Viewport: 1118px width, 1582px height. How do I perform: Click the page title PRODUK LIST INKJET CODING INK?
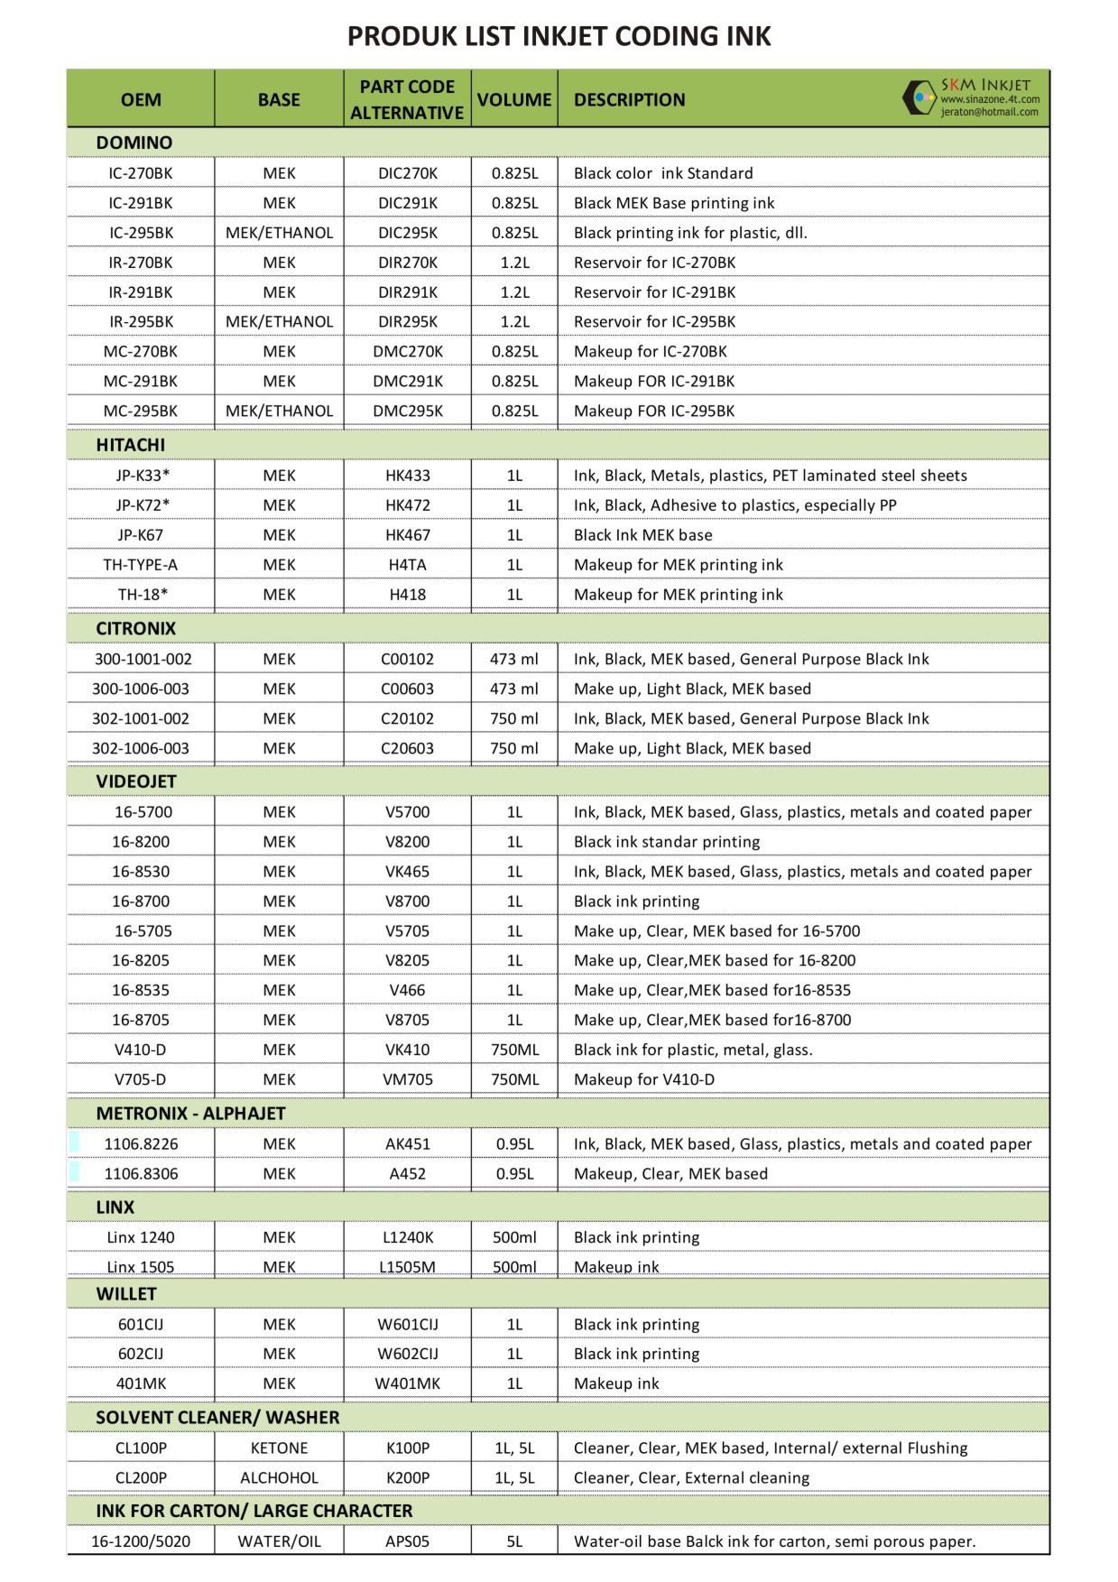point(559,36)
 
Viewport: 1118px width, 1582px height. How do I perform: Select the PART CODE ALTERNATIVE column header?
point(407,99)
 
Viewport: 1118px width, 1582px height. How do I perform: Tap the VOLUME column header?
point(514,99)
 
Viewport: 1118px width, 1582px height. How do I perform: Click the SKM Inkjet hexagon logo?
point(919,97)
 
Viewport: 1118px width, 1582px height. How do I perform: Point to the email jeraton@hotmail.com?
point(989,113)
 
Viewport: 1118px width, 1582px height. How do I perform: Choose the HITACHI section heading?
point(131,445)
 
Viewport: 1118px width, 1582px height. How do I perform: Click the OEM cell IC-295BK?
point(141,233)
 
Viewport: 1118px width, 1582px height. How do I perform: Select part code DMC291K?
point(408,381)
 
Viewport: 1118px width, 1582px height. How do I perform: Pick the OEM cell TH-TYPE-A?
point(141,565)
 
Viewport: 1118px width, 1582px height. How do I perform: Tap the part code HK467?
point(408,535)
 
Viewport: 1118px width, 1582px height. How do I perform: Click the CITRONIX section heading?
point(136,628)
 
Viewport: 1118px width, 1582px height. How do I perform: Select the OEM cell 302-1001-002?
point(141,718)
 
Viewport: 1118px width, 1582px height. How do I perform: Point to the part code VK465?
point(408,872)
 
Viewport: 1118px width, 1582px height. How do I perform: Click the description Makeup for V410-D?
point(644,1079)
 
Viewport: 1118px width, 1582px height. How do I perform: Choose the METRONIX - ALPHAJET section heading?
point(190,1114)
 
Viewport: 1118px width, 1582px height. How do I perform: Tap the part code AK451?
point(408,1144)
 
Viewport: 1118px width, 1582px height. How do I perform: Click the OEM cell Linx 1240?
point(141,1237)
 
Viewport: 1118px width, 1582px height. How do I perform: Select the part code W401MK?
point(408,1383)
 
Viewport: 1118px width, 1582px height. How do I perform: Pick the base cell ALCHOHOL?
point(279,1477)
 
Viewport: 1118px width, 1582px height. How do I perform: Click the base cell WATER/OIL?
point(279,1541)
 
